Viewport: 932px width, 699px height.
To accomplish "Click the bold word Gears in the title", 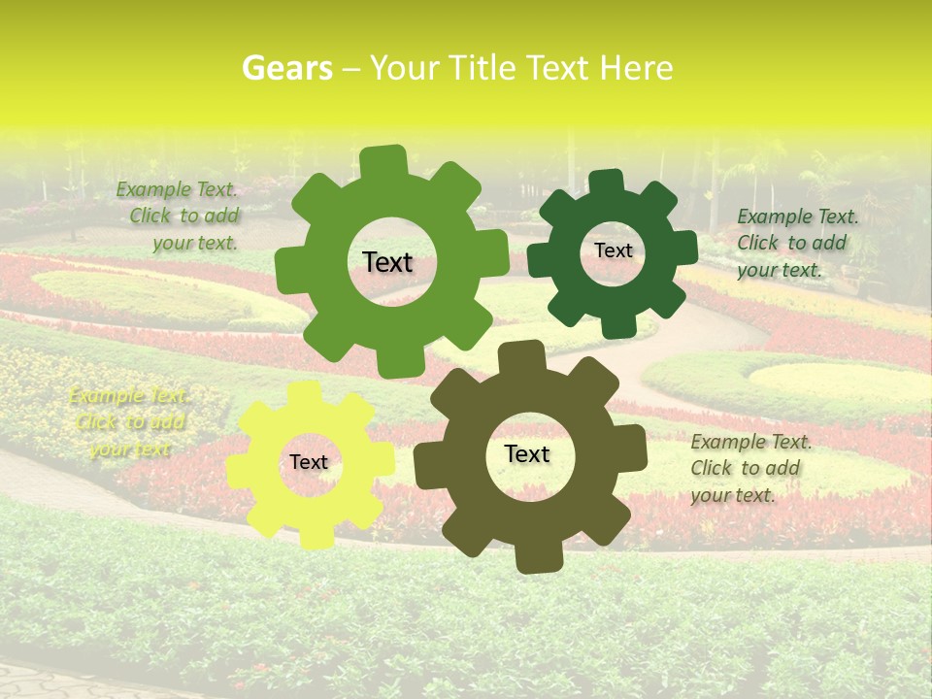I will point(286,68).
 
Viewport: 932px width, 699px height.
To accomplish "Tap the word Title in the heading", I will point(482,68).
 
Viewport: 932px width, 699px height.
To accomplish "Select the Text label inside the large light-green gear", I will point(387,262).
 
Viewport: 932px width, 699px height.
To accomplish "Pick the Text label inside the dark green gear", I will point(613,250).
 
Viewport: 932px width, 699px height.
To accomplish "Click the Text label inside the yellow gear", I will point(309,463).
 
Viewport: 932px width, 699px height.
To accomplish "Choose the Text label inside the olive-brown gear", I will point(527,454).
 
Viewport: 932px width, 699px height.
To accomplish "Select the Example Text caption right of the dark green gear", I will point(798,243).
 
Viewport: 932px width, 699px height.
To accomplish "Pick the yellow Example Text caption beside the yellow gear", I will point(128,422).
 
